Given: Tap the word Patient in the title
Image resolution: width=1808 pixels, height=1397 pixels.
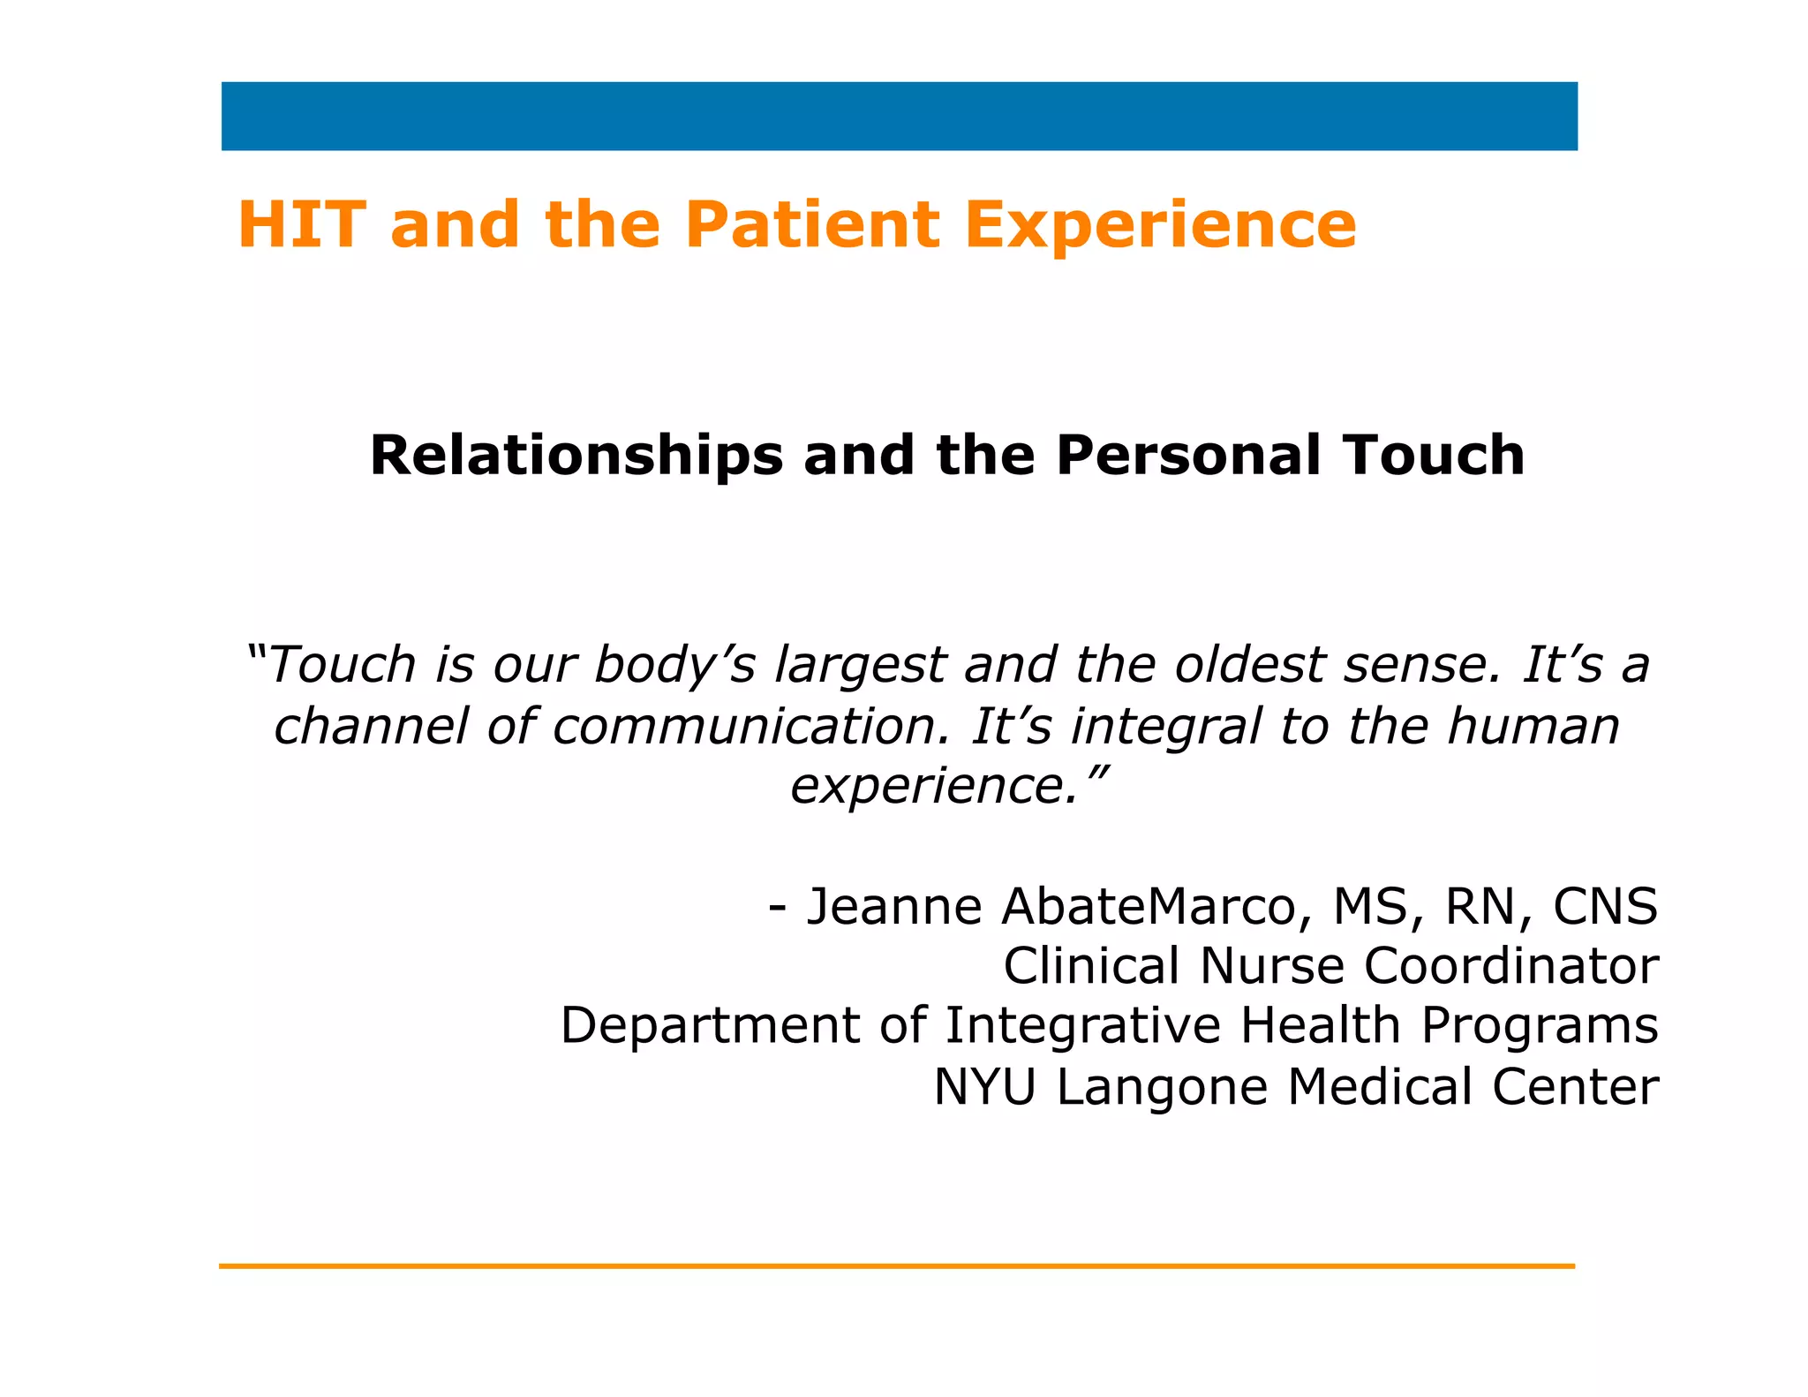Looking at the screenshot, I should tap(812, 224).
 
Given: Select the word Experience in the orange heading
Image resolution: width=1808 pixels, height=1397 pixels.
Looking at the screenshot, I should tap(1160, 224).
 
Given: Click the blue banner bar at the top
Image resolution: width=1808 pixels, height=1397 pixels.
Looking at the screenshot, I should tap(899, 117).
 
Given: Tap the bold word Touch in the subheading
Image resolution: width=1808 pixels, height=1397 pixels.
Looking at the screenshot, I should tap(1435, 456).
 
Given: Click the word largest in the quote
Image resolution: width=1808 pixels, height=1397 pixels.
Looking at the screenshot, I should tap(860, 664).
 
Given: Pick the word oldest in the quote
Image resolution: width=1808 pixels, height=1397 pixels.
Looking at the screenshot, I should tap(1250, 664).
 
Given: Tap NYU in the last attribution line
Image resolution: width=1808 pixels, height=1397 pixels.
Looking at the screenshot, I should tap(985, 1086).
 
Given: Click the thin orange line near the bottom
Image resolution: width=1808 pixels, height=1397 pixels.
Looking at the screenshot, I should tap(897, 1266).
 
